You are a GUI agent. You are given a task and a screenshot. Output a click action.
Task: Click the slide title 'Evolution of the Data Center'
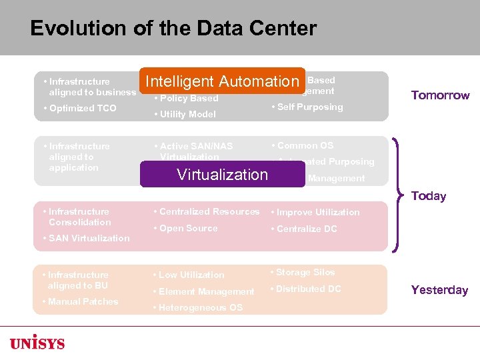pyautogui.click(x=173, y=29)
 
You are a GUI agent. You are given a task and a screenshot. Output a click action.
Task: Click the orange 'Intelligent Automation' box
pyautogui.click(x=222, y=81)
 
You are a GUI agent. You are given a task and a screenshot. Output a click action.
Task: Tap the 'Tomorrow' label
pyautogui.click(x=440, y=95)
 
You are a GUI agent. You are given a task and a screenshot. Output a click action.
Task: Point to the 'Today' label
pyautogui.click(x=429, y=196)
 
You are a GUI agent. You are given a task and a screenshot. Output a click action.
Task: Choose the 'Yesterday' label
pyautogui.click(x=439, y=290)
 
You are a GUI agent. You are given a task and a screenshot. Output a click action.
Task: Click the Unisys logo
pyautogui.click(x=37, y=343)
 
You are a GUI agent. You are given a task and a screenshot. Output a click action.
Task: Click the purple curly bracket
pyautogui.click(x=398, y=195)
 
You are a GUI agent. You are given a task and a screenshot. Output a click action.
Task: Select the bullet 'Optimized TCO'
pyautogui.click(x=82, y=108)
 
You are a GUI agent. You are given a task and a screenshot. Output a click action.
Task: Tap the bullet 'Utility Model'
pyautogui.click(x=187, y=114)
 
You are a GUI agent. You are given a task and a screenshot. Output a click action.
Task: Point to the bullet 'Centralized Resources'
pyautogui.click(x=209, y=211)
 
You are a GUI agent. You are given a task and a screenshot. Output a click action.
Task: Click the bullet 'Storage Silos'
pyautogui.click(x=305, y=272)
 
